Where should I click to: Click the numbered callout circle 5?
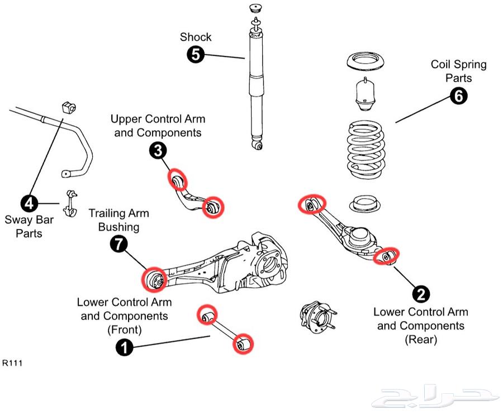(196, 54)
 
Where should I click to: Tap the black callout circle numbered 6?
(458, 96)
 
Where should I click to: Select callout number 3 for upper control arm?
(158, 150)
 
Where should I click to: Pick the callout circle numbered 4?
(29, 203)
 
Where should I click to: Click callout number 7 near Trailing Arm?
(119, 244)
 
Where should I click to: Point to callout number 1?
(124, 347)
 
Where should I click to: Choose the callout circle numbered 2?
(421, 294)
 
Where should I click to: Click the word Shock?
(196, 37)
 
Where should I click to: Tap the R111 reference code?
(12, 363)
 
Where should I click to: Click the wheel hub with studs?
(317, 317)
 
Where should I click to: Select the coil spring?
(366, 149)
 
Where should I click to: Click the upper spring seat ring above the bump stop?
(366, 61)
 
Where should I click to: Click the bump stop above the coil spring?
(366, 94)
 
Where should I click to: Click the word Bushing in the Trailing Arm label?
(118, 227)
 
